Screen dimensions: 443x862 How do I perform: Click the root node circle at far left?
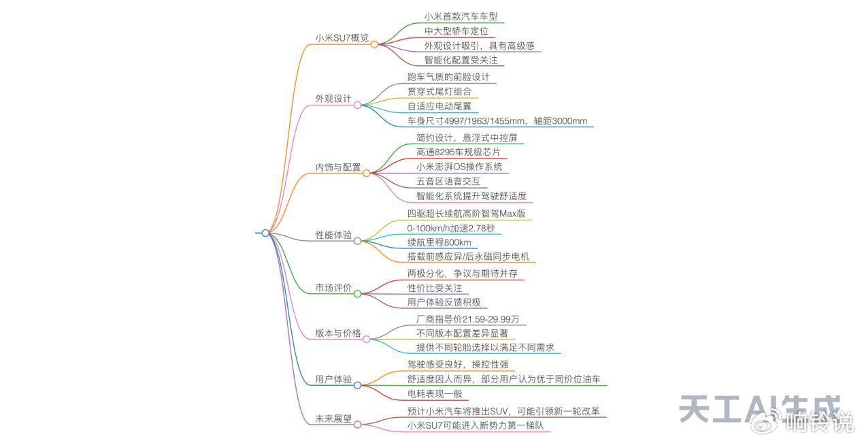click(265, 233)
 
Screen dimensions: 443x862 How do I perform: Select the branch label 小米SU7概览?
click(342, 38)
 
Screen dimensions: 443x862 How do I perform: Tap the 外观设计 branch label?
click(333, 99)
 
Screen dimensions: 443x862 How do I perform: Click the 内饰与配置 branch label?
click(337, 167)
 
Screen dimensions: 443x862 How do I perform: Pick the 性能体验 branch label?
click(333, 235)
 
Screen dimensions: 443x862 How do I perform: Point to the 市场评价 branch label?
click(333, 288)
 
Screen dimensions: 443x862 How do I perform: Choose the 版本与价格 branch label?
click(337, 333)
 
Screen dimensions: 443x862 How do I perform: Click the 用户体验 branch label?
click(333, 379)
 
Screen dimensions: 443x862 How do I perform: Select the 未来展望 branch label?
click(333, 419)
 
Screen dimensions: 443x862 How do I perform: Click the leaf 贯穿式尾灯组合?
click(439, 91)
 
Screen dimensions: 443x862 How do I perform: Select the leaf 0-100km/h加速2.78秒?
click(450, 228)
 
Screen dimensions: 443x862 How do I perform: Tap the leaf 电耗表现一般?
click(434, 393)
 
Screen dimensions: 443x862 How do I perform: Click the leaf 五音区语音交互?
click(448, 182)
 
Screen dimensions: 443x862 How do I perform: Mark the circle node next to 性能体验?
click(358, 241)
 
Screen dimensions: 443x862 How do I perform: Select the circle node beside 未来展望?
click(358, 424)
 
